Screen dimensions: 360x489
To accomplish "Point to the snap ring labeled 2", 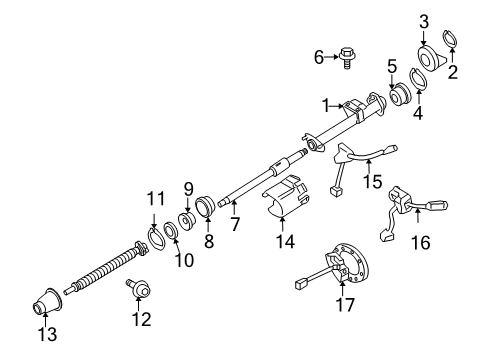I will point(452,41).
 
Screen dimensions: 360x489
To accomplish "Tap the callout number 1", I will point(326,104).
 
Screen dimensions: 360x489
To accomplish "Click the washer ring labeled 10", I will point(171,235).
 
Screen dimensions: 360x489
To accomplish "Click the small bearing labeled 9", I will point(187,220).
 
